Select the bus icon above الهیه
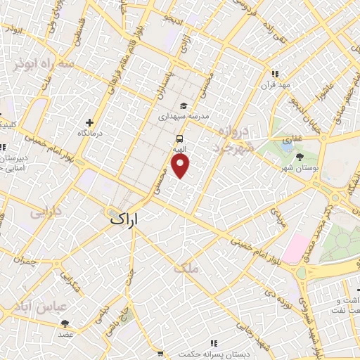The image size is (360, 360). pyautogui.click(x=181, y=139)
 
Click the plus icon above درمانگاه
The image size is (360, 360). pyautogui.click(x=89, y=122)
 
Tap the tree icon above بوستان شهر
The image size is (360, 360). pyautogui.click(x=300, y=157)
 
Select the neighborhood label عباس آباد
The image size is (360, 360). pyautogui.click(x=39, y=307)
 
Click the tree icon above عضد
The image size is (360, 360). pyautogui.click(x=65, y=323)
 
